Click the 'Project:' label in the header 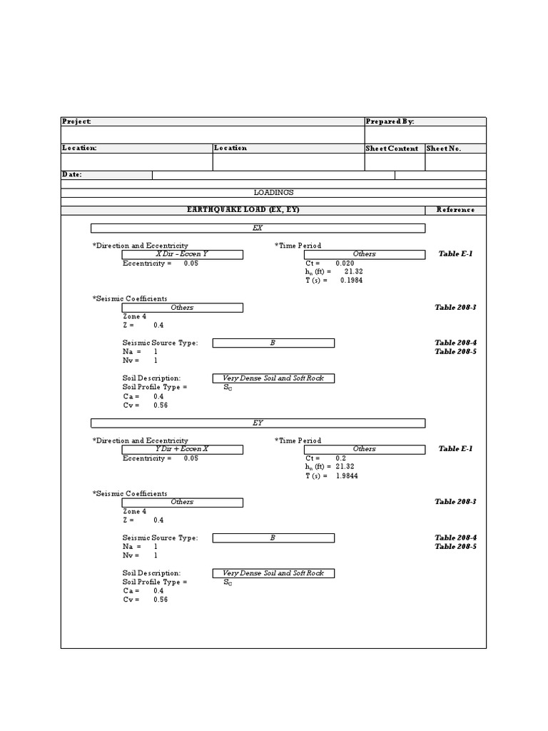[x=77, y=122]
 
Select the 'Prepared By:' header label [x=390, y=122]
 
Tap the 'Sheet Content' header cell [x=392, y=148]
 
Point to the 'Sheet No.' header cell [x=444, y=148]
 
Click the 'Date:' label [x=73, y=174]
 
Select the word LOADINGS [x=273, y=192]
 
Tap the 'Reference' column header [x=455, y=210]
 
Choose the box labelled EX [x=258, y=228]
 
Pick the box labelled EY [x=258, y=423]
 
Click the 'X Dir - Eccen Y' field [x=182, y=254]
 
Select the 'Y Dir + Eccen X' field [x=182, y=449]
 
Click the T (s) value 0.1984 [x=351, y=281]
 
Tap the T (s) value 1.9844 [x=347, y=475]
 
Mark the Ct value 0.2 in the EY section [x=341, y=458]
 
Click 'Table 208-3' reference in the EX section [x=455, y=308]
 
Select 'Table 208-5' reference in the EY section [x=455, y=547]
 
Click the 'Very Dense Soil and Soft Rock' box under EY [x=273, y=573]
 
